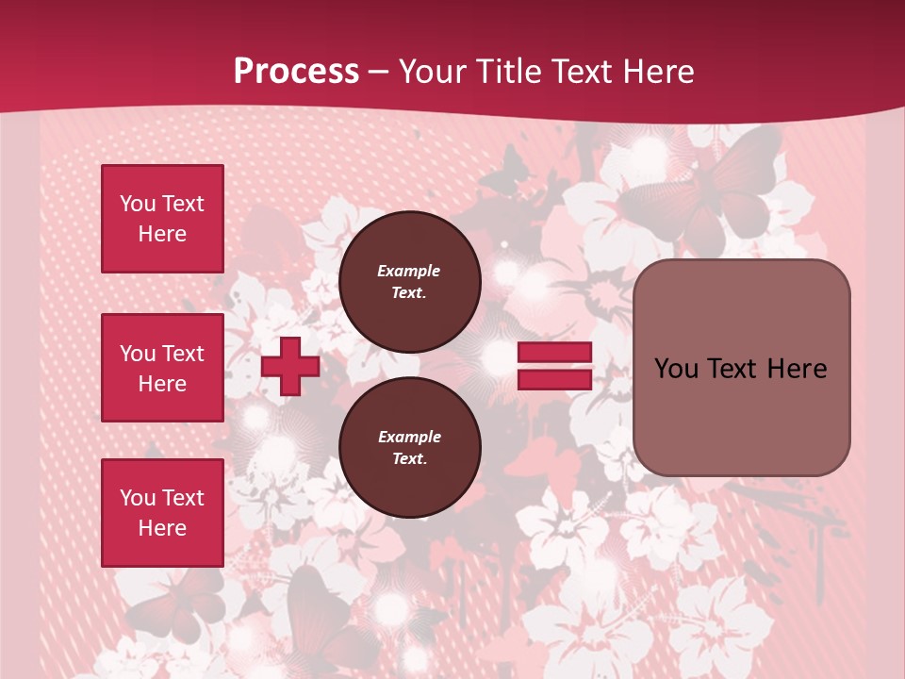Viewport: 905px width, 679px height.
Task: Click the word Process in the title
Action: [296, 72]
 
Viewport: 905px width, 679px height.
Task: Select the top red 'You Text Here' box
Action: [162, 219]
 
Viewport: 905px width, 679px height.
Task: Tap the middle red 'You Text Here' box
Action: [162, 368]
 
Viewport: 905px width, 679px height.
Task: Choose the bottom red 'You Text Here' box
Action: [162, 512]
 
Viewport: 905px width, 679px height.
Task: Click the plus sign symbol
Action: [290, 366]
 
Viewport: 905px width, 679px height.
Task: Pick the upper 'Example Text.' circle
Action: [409, 281]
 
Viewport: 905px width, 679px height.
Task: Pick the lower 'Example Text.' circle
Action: [409, 447]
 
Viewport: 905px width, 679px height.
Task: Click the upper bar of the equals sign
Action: [554, 353]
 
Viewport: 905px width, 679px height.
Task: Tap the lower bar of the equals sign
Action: [554, 379]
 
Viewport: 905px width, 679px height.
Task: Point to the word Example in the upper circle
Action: [409, 271]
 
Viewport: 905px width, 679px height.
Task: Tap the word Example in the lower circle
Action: [409, 437]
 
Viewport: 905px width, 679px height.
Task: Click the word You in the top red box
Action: [137, 204]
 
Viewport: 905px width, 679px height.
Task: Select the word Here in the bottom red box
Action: [162, 528]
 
